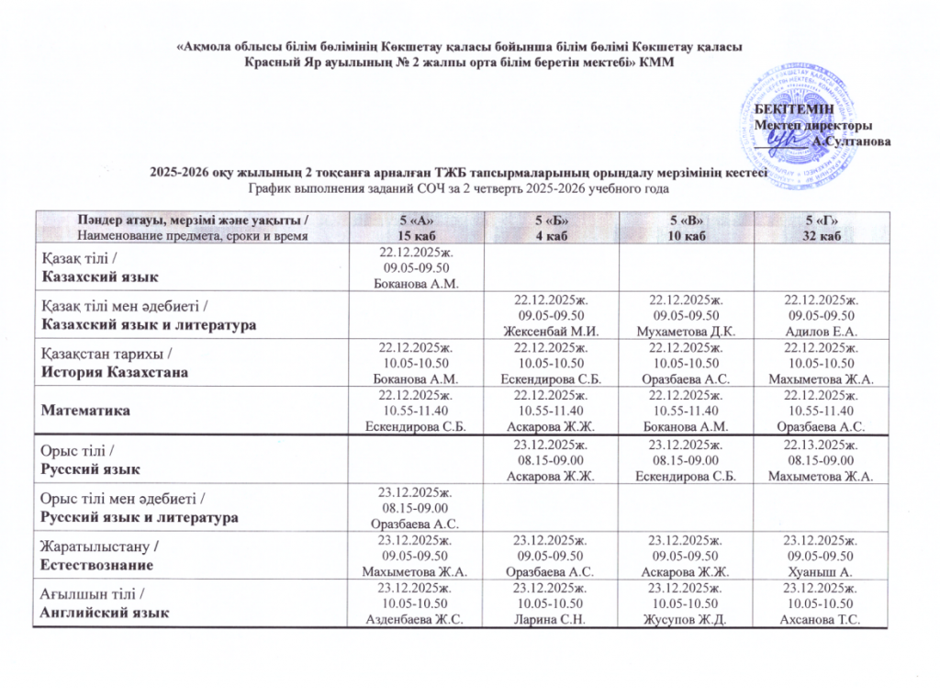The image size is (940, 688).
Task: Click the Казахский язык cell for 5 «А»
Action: [411, 267]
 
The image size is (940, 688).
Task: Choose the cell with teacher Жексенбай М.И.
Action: [549, 314]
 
